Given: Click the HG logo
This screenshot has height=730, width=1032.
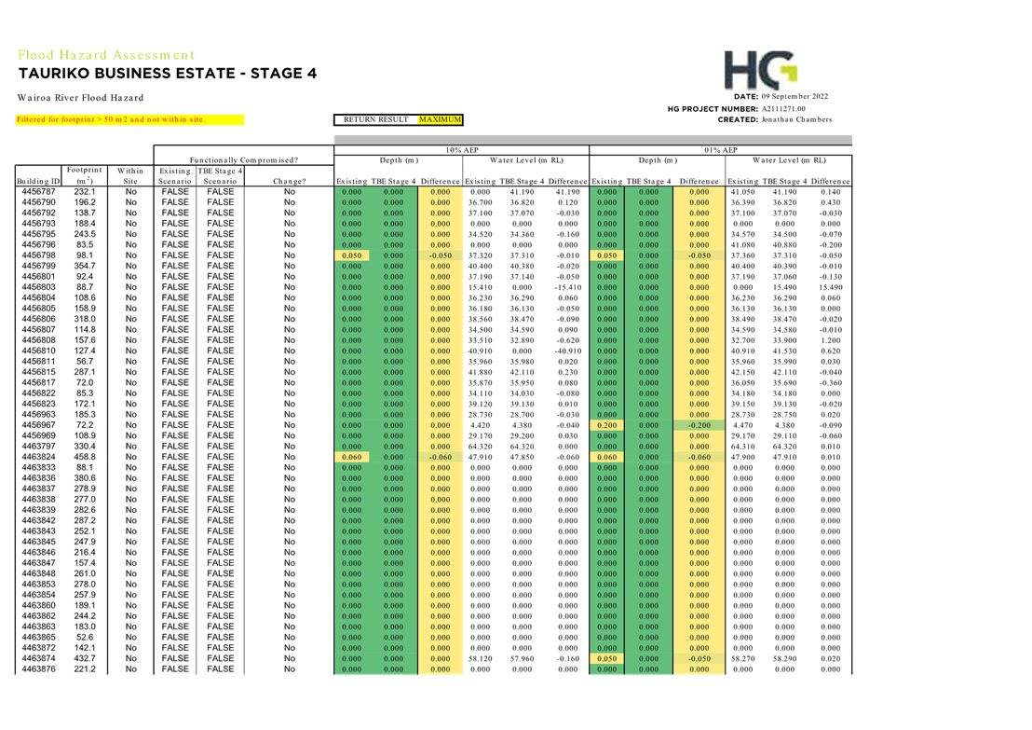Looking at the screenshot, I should coord(760,70).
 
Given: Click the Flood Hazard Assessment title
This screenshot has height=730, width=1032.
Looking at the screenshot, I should coord(106,55).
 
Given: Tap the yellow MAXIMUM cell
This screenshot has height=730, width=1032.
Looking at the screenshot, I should coord(440,119).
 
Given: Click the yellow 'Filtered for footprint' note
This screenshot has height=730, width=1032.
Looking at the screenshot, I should coord(129,119).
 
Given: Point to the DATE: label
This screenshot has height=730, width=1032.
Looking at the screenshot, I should coord(747,96).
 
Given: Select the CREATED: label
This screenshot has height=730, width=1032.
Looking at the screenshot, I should coord(738,119).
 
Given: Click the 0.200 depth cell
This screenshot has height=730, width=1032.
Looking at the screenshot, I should coord(607,425).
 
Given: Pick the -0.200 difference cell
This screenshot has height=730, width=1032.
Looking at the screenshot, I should coord(699,425).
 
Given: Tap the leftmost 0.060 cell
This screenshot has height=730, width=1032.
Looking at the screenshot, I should coord(352,457).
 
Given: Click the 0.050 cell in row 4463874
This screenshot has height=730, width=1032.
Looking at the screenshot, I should coord(607,658).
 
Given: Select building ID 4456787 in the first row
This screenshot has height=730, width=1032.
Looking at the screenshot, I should coord(38,191).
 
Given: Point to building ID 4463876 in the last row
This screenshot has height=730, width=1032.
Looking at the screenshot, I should coord(38,668).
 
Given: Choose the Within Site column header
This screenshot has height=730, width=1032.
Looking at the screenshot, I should coord(130,175).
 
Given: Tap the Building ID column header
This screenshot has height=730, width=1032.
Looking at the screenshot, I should coord(38,180).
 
